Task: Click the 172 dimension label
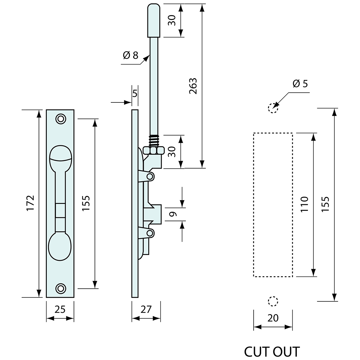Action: pyautogui.click(x=30, y=203)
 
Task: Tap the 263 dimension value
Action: pyautogui.click(x=193, y=86)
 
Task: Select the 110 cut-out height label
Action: pyautogui.click(x=304, y=205)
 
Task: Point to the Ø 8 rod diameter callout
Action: pyautogui.click(x=131, y=55)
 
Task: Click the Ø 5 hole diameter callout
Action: pyautogui.click(x=300, y=84)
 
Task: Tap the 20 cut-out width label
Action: pyautogui.click(x=273, y=317)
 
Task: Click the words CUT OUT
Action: pyautogui.click(x=272, y=352)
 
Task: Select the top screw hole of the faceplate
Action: pyautogui.click(x=60, y=119)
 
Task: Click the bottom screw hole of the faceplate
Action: pyautogui.click(x=60, y=288)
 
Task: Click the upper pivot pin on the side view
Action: pyautogui.click(x=150, y=177)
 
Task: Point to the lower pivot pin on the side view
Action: pyautogui.click(x=150, y=233)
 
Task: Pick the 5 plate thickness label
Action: pyautogui.click(x=135, y=93)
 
